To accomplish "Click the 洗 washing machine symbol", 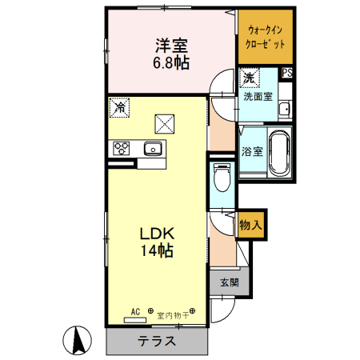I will coord(249,78).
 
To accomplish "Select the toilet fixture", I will coord(222,177).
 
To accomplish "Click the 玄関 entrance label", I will coord(230,282).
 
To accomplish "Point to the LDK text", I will coord(158,234).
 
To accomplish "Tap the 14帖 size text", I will coord(158,250).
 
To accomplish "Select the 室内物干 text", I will coord(170,313).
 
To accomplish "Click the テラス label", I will coord(157,340).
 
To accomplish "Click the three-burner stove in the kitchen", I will coord(122,148).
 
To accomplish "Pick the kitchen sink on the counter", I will coord(152,148).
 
